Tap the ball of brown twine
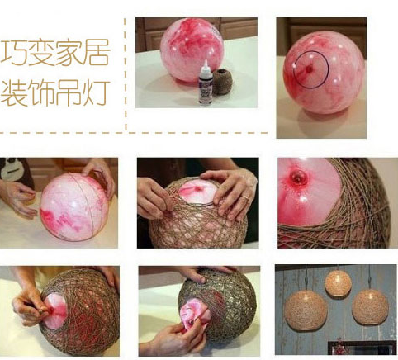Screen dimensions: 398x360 (221, 81)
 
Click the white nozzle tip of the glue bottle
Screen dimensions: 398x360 (206, 64)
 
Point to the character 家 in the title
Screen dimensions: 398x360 (69, 52)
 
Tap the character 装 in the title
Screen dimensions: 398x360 (13, 92)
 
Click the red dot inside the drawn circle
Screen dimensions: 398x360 (309, 69)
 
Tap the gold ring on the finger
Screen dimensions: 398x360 (244, 197)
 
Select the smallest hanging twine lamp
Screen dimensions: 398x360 (338, 283)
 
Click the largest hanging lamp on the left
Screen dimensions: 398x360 (306, 310)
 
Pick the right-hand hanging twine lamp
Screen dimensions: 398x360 (370, 307)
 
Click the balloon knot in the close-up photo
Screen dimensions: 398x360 (298, 178)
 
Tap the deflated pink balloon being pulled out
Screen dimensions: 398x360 (195, 315)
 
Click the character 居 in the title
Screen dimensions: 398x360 (97, 52)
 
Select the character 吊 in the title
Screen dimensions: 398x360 (69, 92)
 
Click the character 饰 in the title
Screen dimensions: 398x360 (40, 92)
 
